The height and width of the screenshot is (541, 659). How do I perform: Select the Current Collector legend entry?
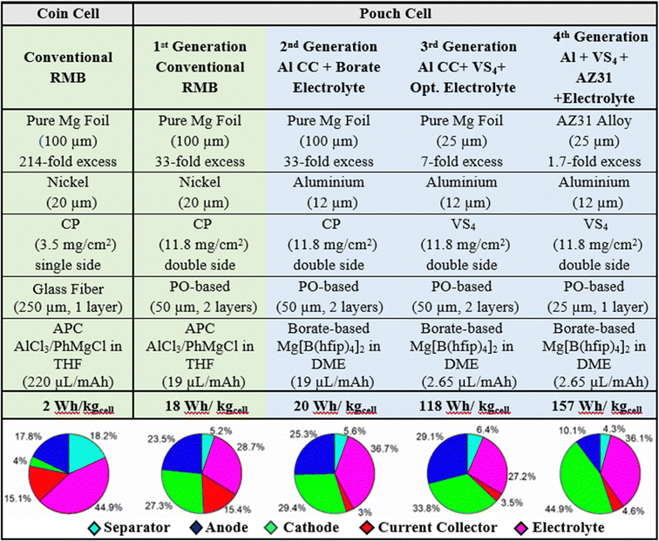[420, 528]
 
